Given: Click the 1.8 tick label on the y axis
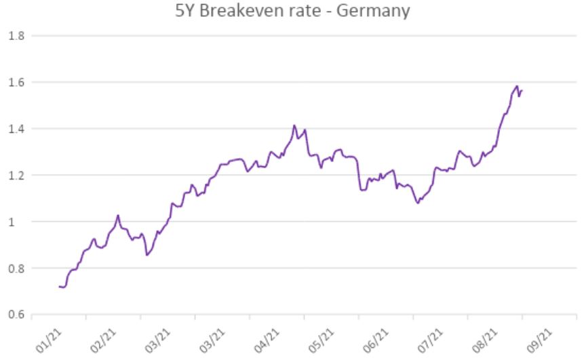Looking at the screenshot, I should [x=16, y=35].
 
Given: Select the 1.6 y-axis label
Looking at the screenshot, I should [x=16, y=82].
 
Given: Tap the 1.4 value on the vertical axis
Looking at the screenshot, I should [x=16, y=129].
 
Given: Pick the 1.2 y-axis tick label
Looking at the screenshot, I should [x=16, y=175].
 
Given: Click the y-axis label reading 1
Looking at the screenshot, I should [x=20, y=222].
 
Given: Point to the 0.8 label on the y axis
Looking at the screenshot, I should [x=16, y=268].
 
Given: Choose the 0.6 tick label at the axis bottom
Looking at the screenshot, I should [x=16, y=315].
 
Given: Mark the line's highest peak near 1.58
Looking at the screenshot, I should [x=517, y=86].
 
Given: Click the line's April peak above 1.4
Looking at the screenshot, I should [x=294, y=125].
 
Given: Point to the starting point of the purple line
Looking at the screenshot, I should [x=60, y=287].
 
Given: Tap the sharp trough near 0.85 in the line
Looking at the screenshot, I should [x=147, y=255].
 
